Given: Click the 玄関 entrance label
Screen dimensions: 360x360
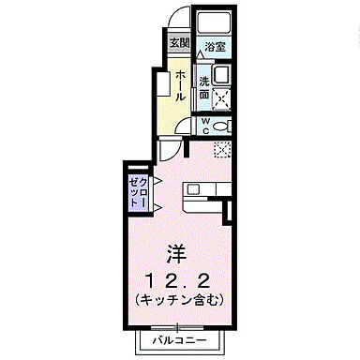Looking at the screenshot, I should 178,43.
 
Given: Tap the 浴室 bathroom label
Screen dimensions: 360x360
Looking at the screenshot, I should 215,45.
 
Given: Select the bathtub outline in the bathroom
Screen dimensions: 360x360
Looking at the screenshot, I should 215,24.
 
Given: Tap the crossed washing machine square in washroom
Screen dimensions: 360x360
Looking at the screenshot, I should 223,97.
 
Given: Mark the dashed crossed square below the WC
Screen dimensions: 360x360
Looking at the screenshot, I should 222,147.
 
